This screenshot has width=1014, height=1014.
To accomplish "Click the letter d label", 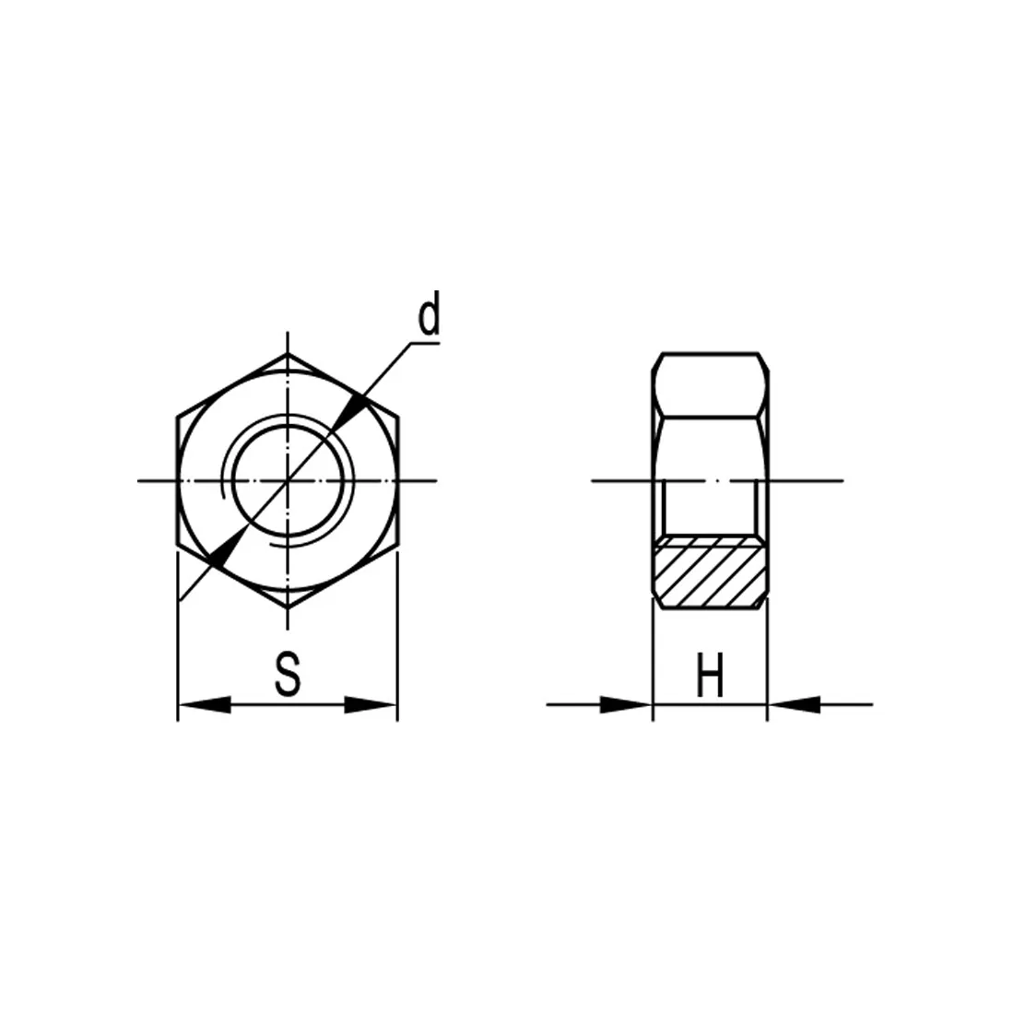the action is point(429,313).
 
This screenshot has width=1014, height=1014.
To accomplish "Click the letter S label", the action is point(288,674).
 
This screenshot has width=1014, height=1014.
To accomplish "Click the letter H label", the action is point(710,675).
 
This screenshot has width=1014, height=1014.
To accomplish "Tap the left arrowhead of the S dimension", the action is point(205,704).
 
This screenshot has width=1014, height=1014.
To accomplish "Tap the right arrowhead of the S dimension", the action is point(370,704).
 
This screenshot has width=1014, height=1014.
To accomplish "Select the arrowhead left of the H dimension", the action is point(626,704).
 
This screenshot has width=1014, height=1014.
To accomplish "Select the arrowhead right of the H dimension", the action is point(794,704).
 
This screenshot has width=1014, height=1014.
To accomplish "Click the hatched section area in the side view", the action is point(710,572).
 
